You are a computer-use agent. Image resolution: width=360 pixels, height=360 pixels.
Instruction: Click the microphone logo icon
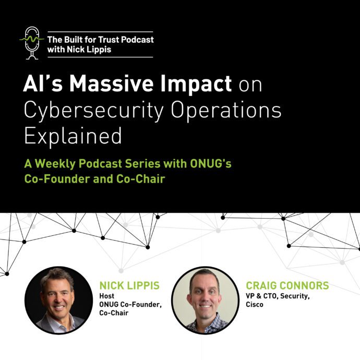[x=32, y=43]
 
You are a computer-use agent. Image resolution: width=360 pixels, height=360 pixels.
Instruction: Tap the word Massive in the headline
[x=111, y=83]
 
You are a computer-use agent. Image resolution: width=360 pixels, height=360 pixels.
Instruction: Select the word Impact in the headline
[x=196, y=85]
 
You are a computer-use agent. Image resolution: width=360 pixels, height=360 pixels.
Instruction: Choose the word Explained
[x=73, y=136]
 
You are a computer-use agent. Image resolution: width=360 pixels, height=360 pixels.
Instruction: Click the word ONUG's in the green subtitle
[x=211, y=164]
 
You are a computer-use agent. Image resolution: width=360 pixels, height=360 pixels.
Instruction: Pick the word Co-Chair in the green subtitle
[x=140, y=179]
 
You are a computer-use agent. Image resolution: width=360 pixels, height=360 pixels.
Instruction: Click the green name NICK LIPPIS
[x=129, y=285]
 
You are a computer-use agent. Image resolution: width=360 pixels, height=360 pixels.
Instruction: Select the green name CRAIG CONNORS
[x=287, y=285]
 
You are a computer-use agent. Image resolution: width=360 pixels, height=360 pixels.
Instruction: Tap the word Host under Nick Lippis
[x=107, y=296]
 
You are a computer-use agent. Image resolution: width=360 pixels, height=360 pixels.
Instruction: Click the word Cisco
[x=255, y=305]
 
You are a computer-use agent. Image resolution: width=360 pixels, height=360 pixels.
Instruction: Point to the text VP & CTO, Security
[x=278, y=296]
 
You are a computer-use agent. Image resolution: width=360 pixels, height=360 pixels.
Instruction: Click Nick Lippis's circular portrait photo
[x=58, y=300]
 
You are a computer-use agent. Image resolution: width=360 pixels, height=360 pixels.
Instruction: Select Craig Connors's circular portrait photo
[x=205, y=300]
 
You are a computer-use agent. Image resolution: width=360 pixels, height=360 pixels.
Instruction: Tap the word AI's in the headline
[x=43, y=83]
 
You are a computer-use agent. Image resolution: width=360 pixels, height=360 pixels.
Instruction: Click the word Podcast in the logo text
[x=137, y=40]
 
